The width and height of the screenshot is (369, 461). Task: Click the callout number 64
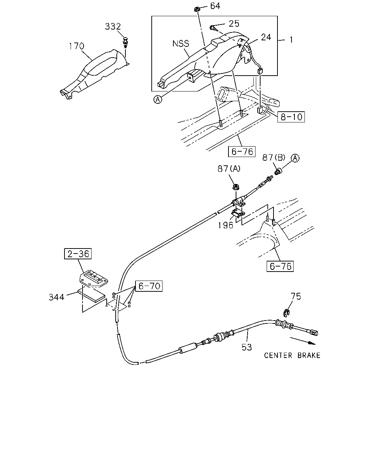[215, 6]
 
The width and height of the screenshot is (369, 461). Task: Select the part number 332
[113, 27]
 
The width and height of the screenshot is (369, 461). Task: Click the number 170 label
[76, 46]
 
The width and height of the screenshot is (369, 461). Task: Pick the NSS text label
[181, 44]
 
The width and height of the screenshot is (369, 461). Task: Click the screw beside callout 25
[213, 28]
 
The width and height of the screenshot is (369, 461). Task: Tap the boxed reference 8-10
[291, 117]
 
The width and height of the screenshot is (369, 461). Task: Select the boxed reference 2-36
[78, 254]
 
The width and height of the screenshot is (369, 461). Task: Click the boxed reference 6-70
[149, 286]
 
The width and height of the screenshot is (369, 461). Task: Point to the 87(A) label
[229, 169]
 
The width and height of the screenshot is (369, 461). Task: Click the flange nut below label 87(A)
[236, 186]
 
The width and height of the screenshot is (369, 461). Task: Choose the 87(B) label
[274, 157]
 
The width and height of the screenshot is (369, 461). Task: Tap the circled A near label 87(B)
[295, 158]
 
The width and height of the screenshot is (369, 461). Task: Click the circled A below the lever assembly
[158, 99]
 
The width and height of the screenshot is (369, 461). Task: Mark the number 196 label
[225, 225]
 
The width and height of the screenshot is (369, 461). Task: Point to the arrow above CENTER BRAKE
[303, 341]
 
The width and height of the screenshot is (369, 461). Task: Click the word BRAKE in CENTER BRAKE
[309, 355]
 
